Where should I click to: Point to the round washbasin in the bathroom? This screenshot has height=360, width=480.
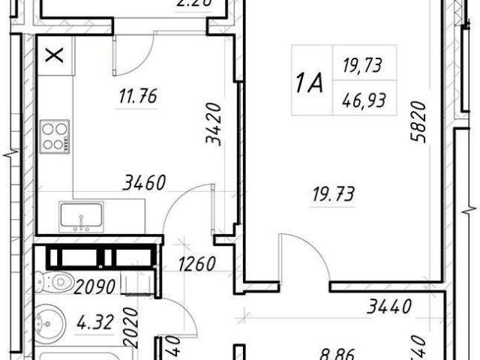click(x=52, y=321)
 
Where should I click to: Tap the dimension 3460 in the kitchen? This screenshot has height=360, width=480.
click(x=144, y=183)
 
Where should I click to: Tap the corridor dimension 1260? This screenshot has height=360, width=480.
click(x=196, y=265)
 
